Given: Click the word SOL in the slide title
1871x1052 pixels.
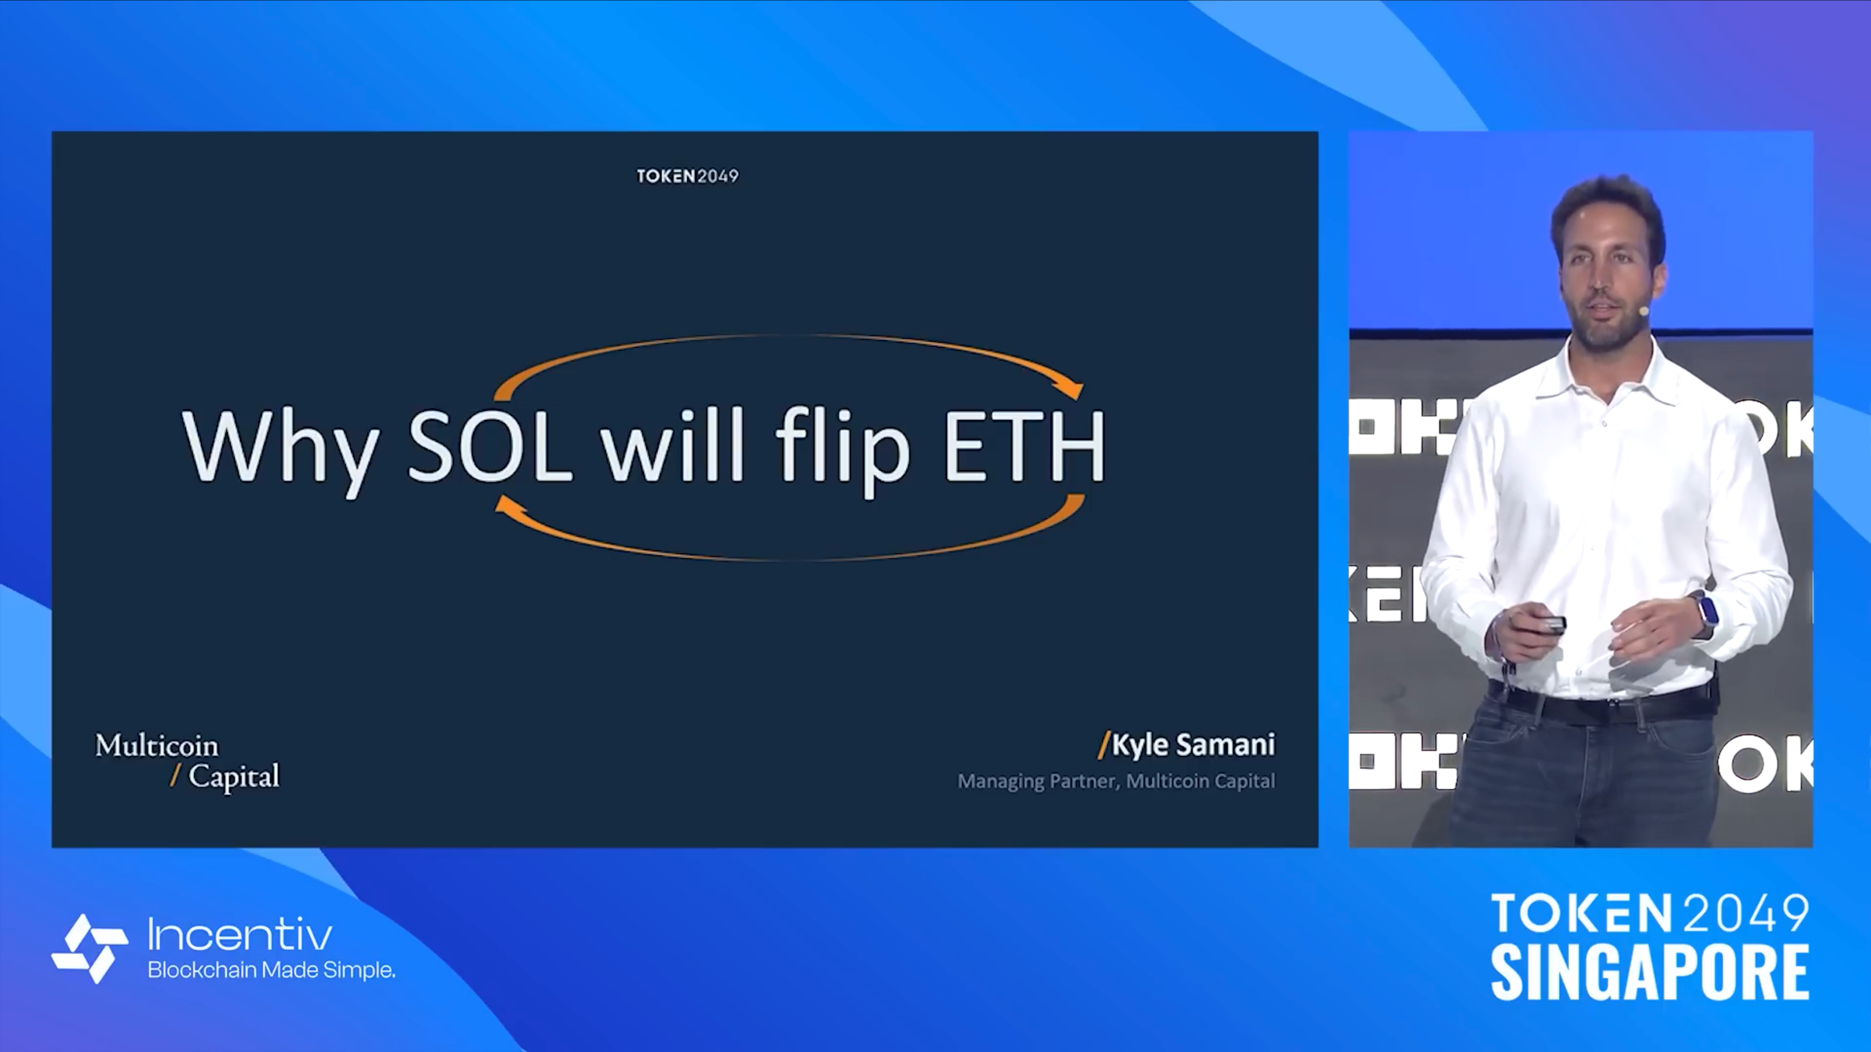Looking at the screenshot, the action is point(490,445).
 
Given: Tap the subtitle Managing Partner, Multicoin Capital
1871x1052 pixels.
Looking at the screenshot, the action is point(1116,781).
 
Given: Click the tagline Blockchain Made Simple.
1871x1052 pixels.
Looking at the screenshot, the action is point(272,970).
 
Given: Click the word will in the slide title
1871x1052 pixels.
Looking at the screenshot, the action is point(672,444).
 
